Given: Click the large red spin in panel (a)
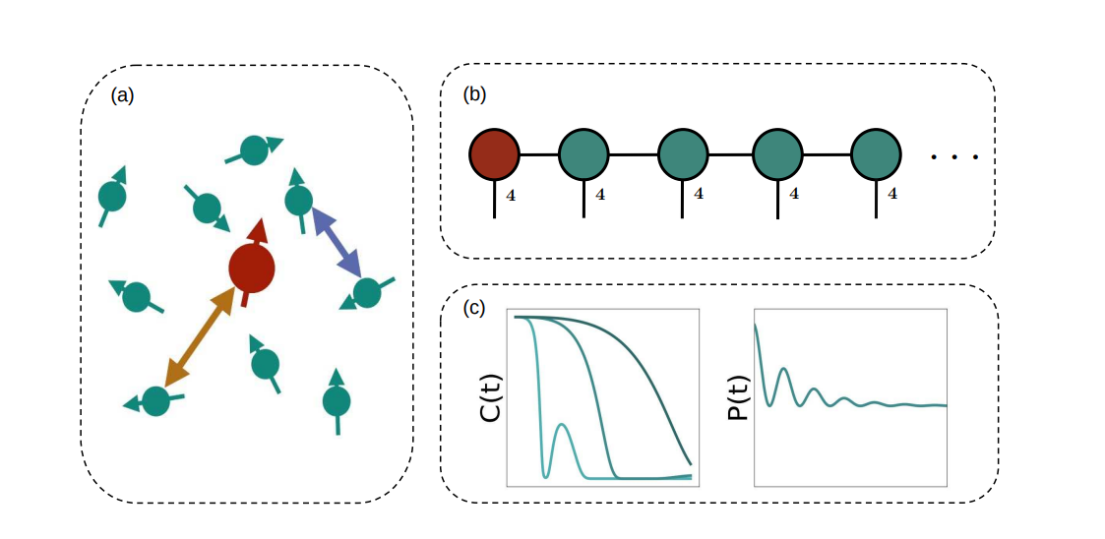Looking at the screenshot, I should tap(251, 268).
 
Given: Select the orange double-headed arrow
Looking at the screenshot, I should tap(200, 337).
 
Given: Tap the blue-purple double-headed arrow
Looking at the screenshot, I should tap(336, 241).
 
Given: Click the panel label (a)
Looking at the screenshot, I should tap(121, 95).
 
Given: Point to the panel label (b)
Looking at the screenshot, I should tap(474, 94).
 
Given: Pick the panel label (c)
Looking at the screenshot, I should tap(474, 308).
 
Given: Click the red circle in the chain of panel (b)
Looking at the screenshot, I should tap(494, 155).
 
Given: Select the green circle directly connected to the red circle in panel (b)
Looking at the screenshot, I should tap(584, 155).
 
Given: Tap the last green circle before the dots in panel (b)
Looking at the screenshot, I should tap(877, 155).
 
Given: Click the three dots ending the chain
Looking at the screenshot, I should tap(953, 157).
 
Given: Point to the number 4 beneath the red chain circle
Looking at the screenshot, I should tap(510, 195).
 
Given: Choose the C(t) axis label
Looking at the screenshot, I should tap(489, 397).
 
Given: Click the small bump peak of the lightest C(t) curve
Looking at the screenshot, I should tap(561, 425).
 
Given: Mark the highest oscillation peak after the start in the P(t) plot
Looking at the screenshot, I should tap(783, 369).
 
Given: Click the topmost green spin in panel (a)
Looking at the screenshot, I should tap(255, 150).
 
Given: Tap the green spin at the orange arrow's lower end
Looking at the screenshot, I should tap(155, 400).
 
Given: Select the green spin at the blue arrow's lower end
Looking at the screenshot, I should tap(366, 292).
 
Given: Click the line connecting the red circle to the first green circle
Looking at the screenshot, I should tap(538, 155).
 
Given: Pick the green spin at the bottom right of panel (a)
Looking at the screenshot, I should tap(337, 400).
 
